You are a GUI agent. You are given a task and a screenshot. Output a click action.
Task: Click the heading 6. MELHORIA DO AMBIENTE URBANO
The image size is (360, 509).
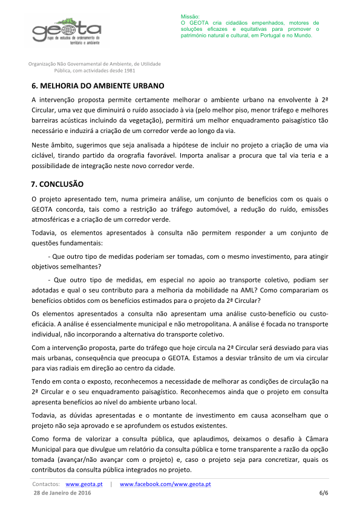click(97, 86)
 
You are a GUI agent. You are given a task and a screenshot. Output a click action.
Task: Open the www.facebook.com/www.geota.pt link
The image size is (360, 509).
click(165, 485)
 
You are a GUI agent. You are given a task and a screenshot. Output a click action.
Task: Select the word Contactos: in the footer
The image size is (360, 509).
click(46, 485)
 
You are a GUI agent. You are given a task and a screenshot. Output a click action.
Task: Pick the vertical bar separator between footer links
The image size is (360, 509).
click(111, 485)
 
